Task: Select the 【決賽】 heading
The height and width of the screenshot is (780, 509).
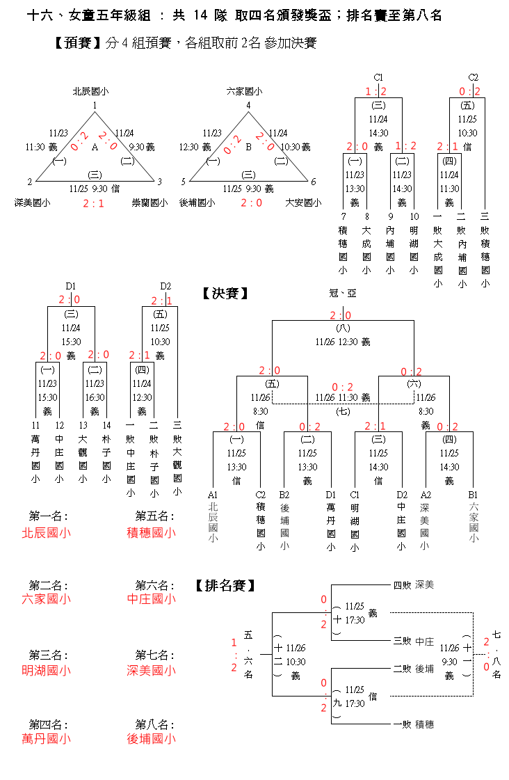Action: [225, 294]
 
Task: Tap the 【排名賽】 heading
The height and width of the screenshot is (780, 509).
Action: [223, 585]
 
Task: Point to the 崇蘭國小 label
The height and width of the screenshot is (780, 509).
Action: [150, 202]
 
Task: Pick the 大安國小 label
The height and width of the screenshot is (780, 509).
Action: [303, 202]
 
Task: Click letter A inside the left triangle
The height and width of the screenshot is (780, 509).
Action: [95, 147]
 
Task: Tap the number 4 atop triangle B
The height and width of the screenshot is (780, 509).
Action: [248, 105]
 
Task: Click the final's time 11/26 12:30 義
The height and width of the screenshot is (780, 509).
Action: [343, 342]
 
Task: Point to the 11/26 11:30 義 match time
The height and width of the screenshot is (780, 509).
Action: [343, 397]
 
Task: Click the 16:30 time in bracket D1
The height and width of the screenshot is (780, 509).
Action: [95, 397]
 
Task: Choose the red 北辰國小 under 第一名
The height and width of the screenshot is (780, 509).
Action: [47, 533]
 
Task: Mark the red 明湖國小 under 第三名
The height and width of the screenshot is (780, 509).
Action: [47, 671]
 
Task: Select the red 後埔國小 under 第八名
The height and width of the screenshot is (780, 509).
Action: [151, 739]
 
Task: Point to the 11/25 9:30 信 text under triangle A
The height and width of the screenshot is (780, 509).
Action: [95, 189]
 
